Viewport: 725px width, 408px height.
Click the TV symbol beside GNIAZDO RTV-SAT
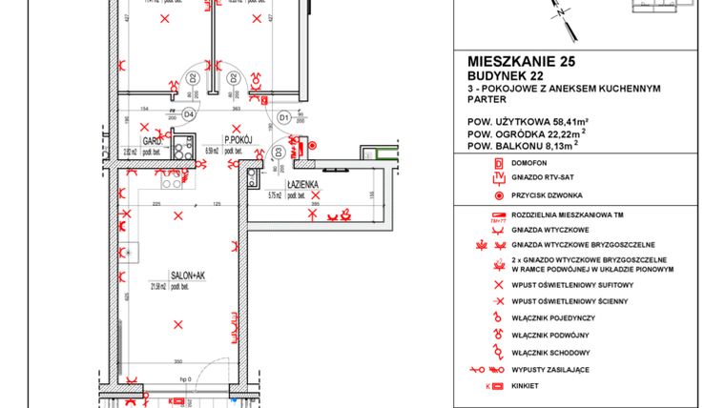point(496,178)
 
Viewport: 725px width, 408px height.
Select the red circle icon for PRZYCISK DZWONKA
point(496,194)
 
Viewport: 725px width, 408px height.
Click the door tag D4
point(189,114)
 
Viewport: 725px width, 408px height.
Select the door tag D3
point(278,151)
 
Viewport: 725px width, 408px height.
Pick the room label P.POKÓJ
point(237,138)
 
